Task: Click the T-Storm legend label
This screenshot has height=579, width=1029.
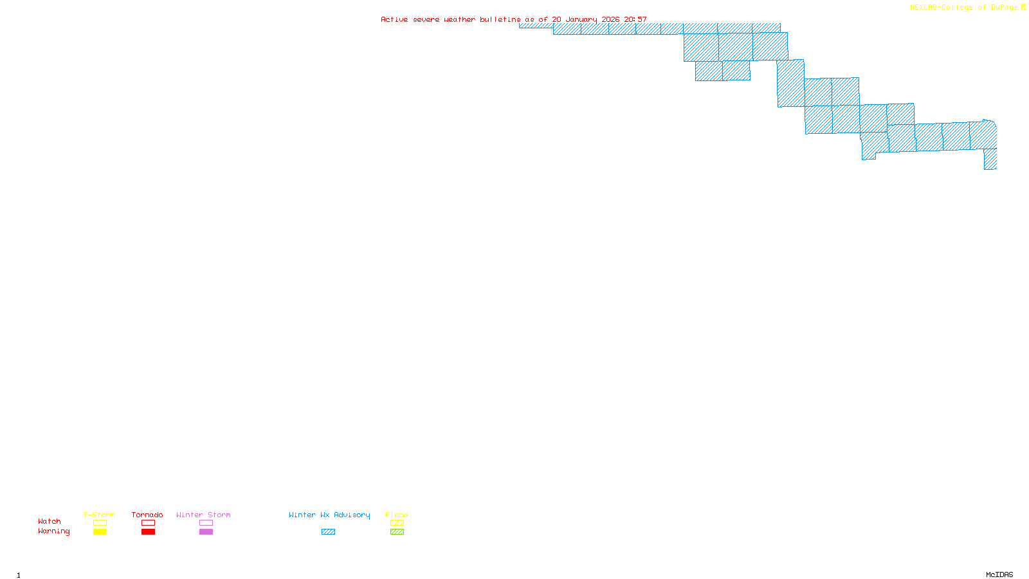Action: [99, 515]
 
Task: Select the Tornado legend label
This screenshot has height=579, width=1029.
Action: [147, 515]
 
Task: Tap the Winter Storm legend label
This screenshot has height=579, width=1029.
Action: [203, 515]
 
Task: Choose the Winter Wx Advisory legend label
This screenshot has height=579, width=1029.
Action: [329, 515]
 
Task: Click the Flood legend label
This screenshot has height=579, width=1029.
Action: [397, 515]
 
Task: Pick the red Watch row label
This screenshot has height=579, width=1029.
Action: [50, 521]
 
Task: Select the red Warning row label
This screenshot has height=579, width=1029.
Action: [53, 531]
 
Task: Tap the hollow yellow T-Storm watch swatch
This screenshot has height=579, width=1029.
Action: [100, 523]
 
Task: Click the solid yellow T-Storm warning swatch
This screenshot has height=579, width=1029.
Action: [100, 532]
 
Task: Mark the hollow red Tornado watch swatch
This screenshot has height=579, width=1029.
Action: [148, 523]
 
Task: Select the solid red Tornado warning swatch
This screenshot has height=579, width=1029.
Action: [148, 532]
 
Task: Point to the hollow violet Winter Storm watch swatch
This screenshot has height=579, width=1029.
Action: [206, 523]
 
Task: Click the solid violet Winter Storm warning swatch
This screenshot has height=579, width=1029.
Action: [206, 532]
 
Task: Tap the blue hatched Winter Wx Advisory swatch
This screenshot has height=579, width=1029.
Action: [328, 532]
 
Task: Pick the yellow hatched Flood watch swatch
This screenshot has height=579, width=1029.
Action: [397, 523]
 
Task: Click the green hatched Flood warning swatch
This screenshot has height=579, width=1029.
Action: [397, 532]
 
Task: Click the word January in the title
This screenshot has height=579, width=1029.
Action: [581, 20]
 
